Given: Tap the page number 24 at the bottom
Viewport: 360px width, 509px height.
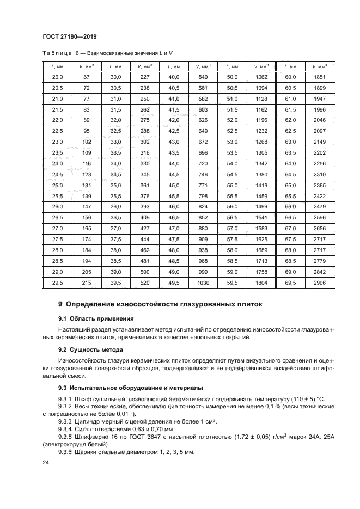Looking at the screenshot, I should [x=45, y=462].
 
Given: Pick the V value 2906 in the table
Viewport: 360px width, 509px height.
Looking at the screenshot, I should [x=320, y=283].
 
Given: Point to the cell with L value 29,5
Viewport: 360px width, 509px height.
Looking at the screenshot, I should [x=57, y=283].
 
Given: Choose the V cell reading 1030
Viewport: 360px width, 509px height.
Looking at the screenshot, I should [x=203, y=283].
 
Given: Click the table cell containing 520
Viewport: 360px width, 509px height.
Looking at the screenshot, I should [x=144, y=283].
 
